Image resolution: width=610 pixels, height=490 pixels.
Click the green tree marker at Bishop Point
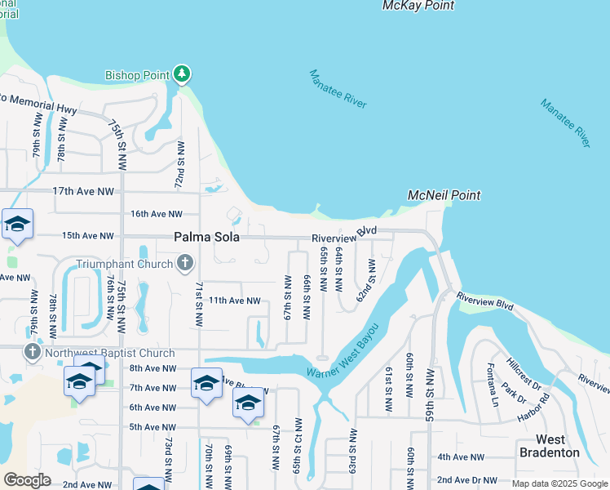pyautogui.click(x=181, y=75)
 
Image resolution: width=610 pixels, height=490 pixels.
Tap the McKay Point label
pyautogui.click(x=418, y=7)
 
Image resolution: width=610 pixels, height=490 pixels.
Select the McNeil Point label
pyautogui.click(x=444, y=196)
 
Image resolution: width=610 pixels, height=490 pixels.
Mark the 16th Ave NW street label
pyautogui.click(x=157, y=214)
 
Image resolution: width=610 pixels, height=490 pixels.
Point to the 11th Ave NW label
pyautogui.click(x=233, y=301)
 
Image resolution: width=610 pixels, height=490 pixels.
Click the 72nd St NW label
pyautogui.click(x=180, y=165)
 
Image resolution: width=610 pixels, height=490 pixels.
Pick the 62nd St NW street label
pyautogui.click(x=365, y=280)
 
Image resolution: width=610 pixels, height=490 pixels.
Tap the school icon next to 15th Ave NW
pyautogui.click(x=17, y=225)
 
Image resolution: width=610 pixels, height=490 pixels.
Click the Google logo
pyautogui.click(x=27, y=480)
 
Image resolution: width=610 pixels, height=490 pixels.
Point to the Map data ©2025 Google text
pyautogui.click(x=559, y=483)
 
